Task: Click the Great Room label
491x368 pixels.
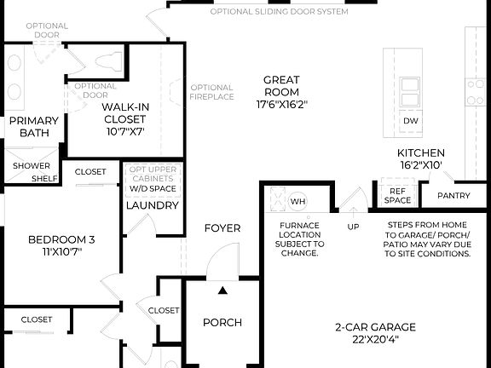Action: (281, 86)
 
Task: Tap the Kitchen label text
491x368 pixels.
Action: (421, 153)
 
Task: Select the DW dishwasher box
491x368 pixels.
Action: (411, 121)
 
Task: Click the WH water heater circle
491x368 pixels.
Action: (297, 201)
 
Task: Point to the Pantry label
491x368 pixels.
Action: (453, 196)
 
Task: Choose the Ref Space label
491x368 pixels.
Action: (398, 197)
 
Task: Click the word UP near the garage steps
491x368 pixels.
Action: (353, 227)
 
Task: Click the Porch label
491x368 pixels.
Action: (222, 322)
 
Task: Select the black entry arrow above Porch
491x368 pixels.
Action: (222, 291)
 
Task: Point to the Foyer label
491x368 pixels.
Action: (222, 228)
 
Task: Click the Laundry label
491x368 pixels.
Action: (152, 205)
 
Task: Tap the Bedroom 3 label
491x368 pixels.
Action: (61, 239)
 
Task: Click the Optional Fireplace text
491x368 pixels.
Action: (211, 92)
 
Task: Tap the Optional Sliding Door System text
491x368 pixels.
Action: (279, 13)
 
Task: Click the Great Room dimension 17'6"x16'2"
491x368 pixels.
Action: (281, 105)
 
